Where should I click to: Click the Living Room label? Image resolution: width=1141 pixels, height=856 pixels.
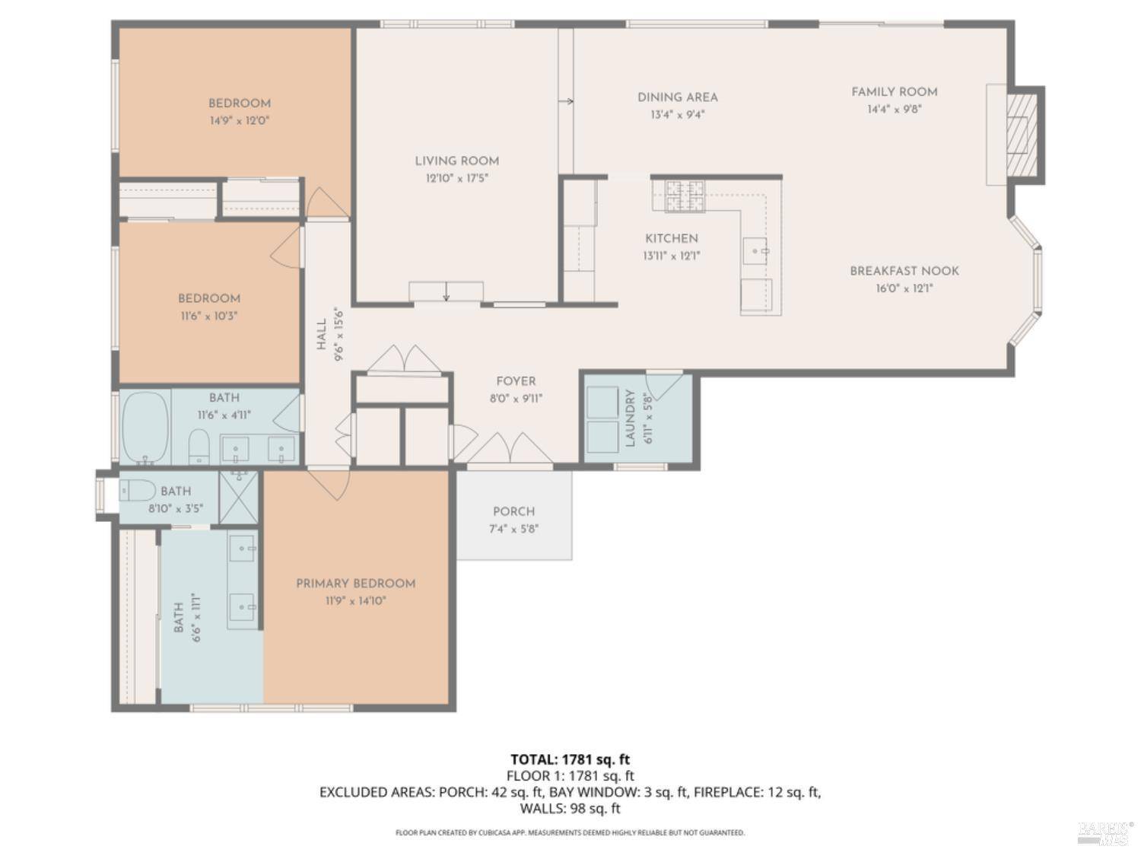click(457, 161)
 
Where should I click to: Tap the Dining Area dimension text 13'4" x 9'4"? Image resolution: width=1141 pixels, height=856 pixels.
click(677, 114)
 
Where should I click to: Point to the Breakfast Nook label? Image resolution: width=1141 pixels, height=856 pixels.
click(904, 271)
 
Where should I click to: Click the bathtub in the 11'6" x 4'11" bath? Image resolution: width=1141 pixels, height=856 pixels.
click(146, 427)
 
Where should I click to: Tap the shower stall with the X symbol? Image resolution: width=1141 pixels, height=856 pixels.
click(239, 498)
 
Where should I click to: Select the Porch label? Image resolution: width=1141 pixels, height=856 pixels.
click(513, 511)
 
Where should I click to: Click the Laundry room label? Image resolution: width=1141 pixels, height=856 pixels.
click(631, 418)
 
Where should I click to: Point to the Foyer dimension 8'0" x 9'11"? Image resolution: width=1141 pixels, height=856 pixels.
click(516, 399)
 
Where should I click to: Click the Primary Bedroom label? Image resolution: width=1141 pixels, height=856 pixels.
click(355, 584)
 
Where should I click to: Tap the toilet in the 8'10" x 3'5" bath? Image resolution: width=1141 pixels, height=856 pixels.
click(138, 491)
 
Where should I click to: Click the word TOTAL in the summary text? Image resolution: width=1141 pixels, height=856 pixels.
click(533, 760)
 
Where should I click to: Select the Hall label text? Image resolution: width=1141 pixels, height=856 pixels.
click(322, 334)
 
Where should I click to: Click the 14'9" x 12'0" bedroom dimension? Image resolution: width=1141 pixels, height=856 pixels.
click(239, 120)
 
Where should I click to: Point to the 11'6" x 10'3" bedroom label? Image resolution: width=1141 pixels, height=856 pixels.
click(209, 298)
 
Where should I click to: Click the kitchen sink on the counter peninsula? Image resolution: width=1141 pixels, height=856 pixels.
click(755, 251)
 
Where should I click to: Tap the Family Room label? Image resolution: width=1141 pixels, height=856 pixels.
click(894, 92)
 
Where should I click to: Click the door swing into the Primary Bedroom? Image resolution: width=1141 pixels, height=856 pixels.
click(329, 485)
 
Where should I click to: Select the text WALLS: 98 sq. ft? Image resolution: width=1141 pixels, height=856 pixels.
click(570, 809)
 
